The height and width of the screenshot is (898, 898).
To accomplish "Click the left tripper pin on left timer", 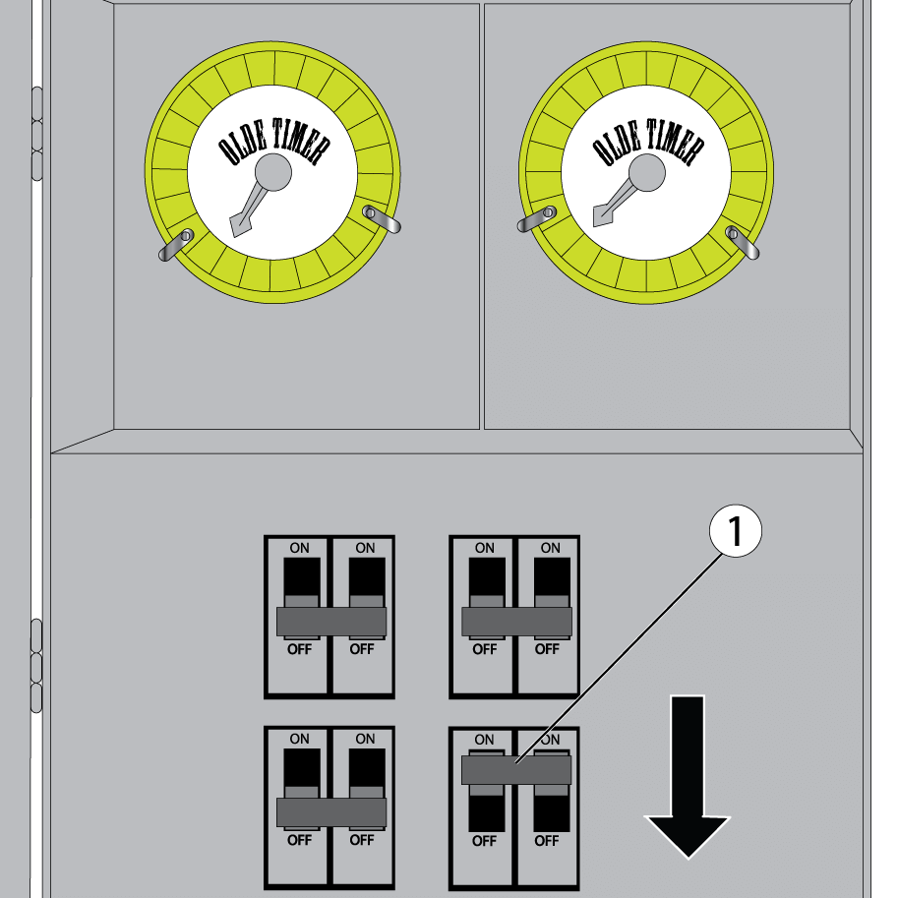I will [177, 243].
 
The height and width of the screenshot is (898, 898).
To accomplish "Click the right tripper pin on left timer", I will [382, 218].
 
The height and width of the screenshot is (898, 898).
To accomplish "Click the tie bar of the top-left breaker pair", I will [330, 622].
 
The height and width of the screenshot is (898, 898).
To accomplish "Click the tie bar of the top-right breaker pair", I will [516, 622].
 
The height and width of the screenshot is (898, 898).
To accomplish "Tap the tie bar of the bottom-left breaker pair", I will [330, 811].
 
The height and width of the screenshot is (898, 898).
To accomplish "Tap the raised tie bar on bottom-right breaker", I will [516, 769].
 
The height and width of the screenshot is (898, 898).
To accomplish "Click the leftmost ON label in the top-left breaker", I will [299, 548].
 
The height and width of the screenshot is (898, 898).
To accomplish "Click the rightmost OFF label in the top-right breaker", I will [547, 649].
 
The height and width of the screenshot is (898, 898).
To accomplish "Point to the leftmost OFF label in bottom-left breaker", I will [299, 840].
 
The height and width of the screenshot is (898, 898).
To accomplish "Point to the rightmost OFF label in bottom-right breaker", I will [547, 841].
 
